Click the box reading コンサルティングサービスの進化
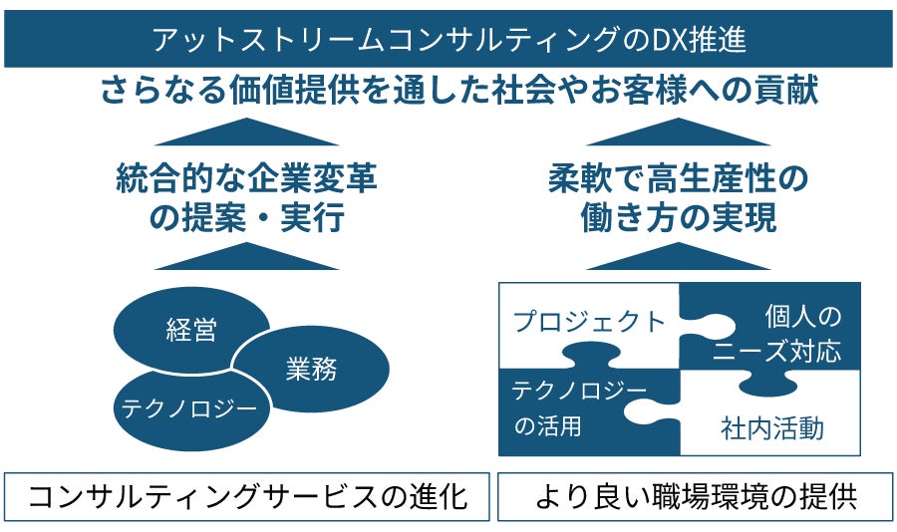coord(247,497)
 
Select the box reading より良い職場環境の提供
coord(695,497)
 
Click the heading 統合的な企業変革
coord(246,180)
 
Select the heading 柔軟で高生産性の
coord(677,180)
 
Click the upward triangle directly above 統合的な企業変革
coord(246,132)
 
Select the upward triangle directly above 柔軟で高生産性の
coord(678,132)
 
